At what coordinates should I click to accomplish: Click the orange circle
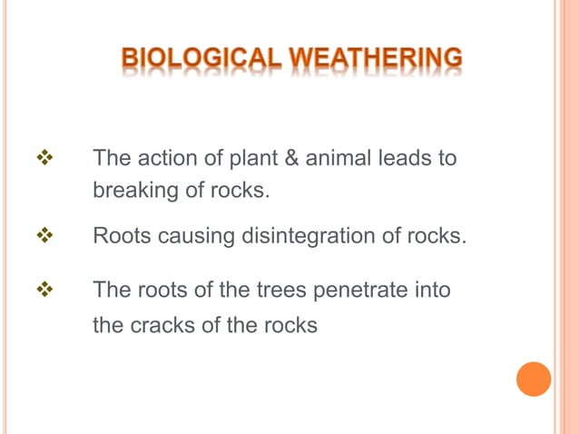pyautogui.click(x=534, y=379)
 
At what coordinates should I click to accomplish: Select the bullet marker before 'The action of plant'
pyautogui.click(x=42, y=158)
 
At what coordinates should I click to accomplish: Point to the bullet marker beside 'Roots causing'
pyautogui.click(x=42, y=236)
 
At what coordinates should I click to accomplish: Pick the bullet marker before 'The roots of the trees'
pyautogui.click(x=42, y=291)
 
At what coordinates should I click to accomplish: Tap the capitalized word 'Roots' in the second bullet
pyautogui.click(x=121, y=237)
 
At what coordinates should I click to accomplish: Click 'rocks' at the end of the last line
pyautogui.click(x=290, y=325)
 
